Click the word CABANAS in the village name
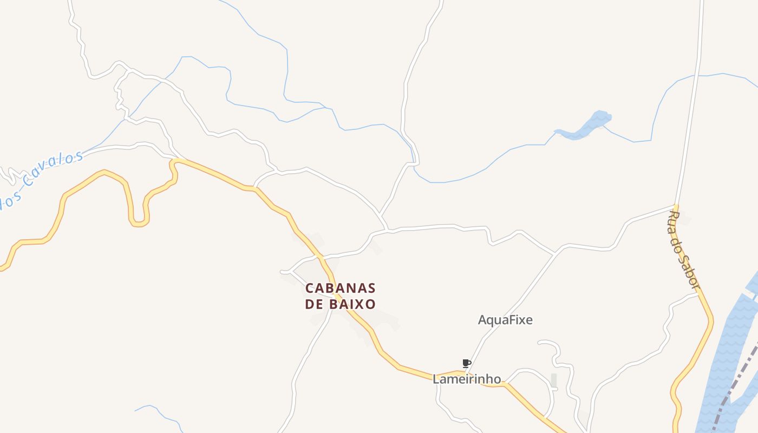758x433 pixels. click(340, 287)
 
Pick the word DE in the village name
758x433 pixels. click(315, 304)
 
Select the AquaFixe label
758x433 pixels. click(505, 320)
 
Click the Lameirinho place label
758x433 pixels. click(467, 379)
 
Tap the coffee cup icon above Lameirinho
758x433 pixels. click(466, 363)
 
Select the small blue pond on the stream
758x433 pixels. click(587, 126)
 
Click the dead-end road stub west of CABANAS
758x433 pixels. click(283, 272)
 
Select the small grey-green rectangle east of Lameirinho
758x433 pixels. click(553, 380)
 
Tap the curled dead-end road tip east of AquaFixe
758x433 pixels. click(540, 342)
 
